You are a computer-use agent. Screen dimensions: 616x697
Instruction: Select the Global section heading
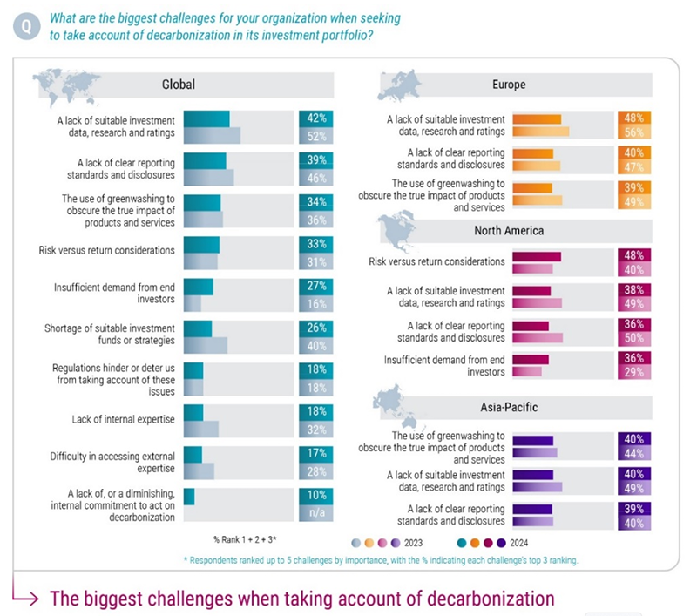coord(178,85)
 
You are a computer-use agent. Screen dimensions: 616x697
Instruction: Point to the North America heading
coord(509,231)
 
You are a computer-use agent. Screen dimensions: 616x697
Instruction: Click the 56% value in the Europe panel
coord(633,132)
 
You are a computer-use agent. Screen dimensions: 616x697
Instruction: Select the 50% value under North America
coord(633,337)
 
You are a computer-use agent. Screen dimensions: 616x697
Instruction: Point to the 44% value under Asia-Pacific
coord(633,453)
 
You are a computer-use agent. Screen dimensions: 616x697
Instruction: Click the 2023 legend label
coord(427,541)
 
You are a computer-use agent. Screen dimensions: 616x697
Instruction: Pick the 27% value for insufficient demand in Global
coord(316,285)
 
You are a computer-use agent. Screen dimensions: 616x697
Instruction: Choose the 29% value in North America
coord(633,372)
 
